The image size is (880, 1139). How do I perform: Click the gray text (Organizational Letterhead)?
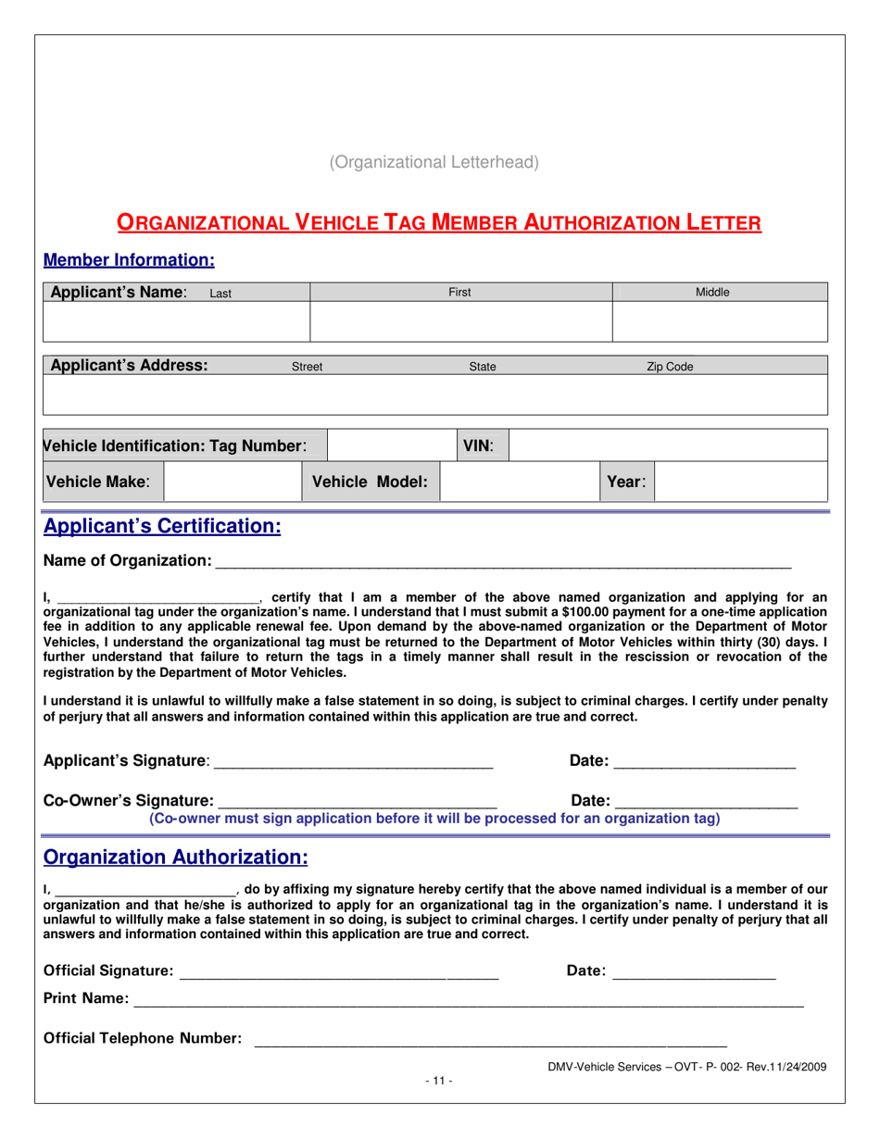click(x=434, y=162)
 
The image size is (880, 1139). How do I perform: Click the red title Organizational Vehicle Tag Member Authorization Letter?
click(x=439, y=222)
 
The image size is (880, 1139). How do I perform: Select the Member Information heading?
click(x=130, y=260)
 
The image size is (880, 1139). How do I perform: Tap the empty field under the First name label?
click(x=460, y=321)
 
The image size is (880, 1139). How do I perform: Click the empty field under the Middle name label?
click(x=720, y=321)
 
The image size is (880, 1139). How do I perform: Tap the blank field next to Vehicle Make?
click(x=233, y=482)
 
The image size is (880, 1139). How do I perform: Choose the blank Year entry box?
click(x=740, y=482)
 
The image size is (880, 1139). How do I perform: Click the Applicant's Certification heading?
click(x=162, y=527)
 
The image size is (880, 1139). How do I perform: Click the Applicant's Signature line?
click(x=353, y=762)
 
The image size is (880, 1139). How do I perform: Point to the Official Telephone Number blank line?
click(x=490, y=1040)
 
